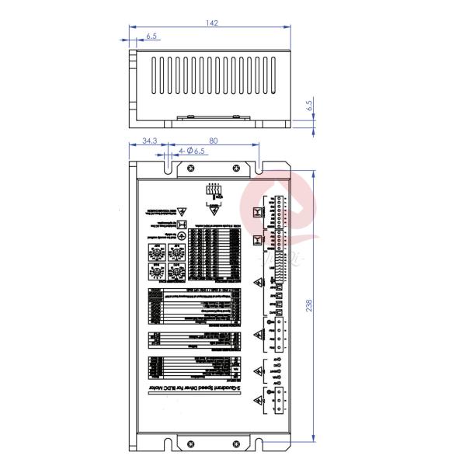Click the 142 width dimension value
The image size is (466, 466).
[x=211, y=23]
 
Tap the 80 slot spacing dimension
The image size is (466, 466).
[x=213, y=141]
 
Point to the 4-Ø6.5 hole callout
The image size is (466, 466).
[x=192, y=151]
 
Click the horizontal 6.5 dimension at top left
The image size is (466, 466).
[x=151, y=37]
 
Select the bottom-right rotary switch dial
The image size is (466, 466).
[x=176, y=273]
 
